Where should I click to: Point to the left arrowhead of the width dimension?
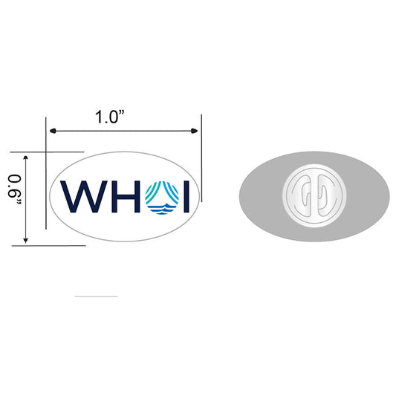[51, 132]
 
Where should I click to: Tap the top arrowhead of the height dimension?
[26, 158]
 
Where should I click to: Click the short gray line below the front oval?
[96, 296]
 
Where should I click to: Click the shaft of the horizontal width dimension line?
[123, 132]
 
